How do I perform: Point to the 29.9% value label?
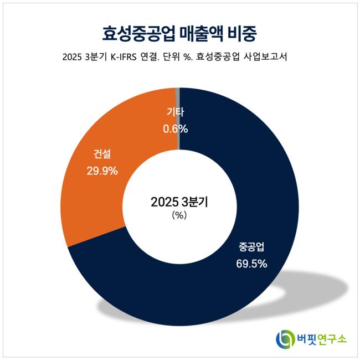pyautogui.click(x=102, y=171)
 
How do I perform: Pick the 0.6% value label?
pyautogui.click(x=175, y=129)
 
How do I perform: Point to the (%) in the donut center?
pyautogui.click(x=179, y=216)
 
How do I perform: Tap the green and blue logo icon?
pyautogui.click(x=285, y=338)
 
